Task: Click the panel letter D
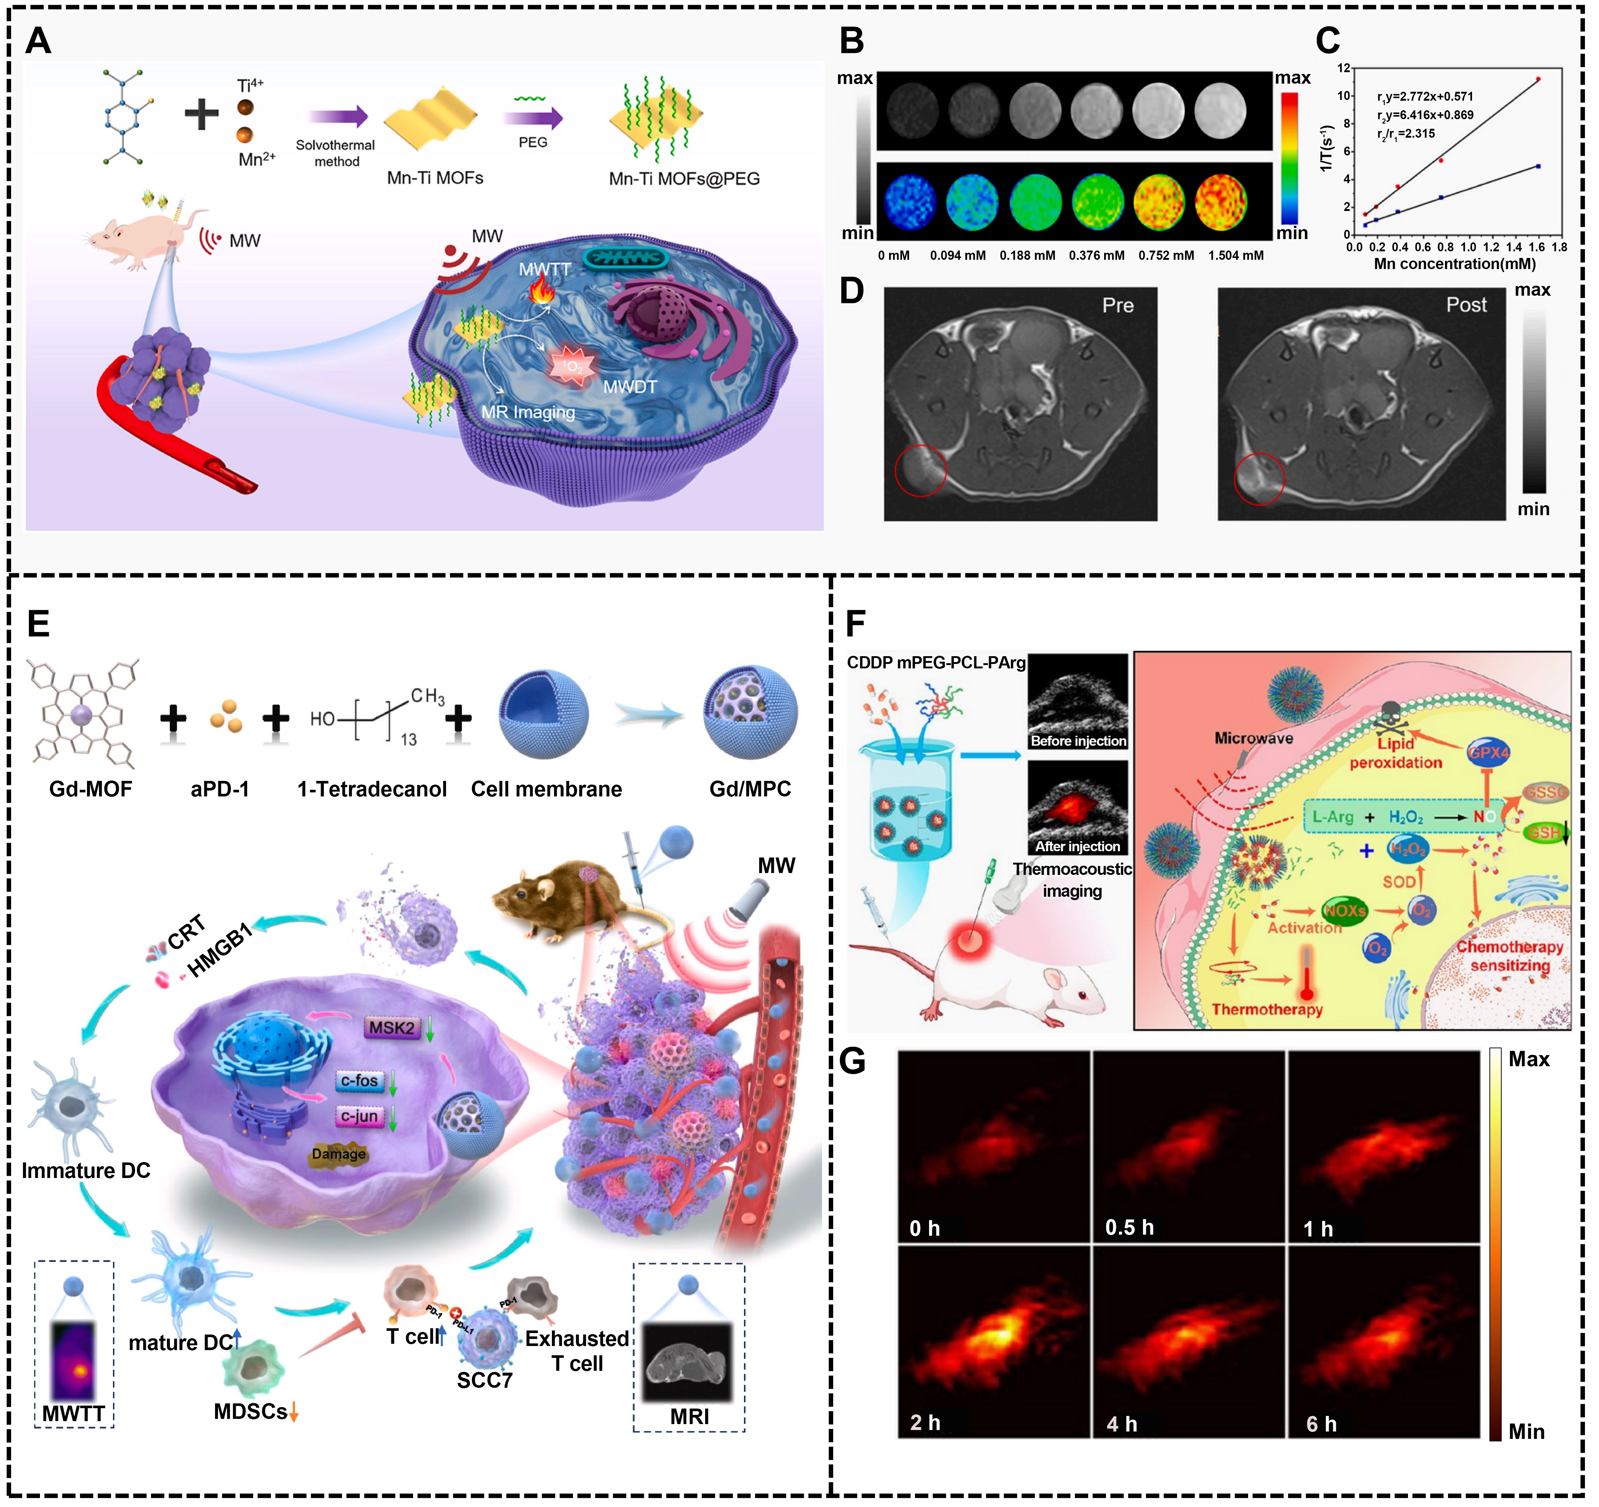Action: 852,291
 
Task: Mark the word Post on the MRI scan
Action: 1466,305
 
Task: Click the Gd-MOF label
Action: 90,789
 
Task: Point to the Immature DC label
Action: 86,1171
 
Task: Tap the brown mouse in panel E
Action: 563,897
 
